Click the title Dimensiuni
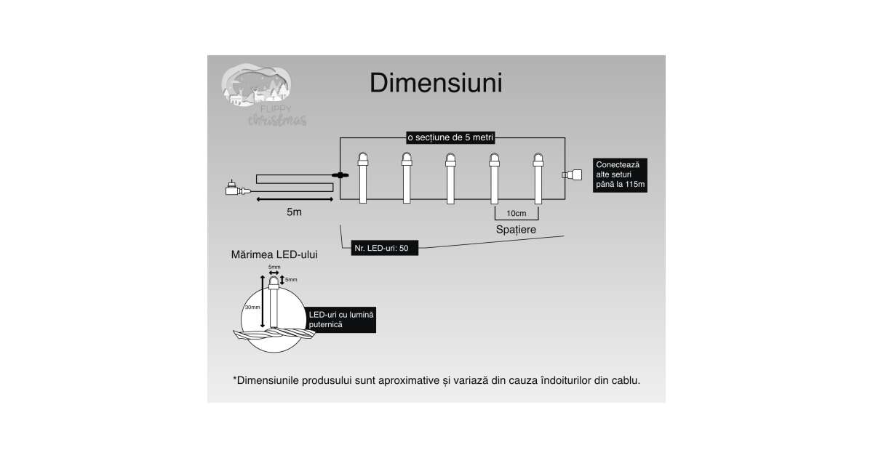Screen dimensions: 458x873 [436, 83]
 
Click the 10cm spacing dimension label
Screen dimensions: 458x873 [516, 213]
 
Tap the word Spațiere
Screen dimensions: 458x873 [516, 229]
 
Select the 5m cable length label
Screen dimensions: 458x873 [294, 212]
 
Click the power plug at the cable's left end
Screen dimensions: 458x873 [235, 190]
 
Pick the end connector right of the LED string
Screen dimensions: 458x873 [573, 174]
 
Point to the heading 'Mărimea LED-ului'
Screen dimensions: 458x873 [274, 256]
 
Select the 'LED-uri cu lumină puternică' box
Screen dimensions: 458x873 [340, 319]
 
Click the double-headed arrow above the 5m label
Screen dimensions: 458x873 [294, 198]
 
